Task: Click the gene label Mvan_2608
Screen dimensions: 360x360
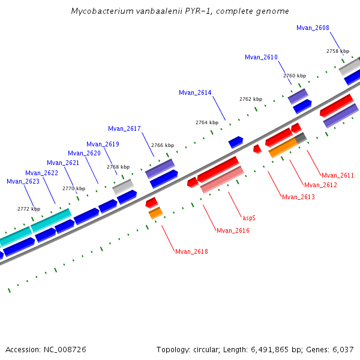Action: (313, 28)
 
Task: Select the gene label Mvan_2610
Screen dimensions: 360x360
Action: (261, 57)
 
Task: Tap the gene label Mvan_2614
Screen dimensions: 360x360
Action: (195, 92)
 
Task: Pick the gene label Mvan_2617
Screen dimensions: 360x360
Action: (124, 128)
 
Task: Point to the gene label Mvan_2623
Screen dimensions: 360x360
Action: (23, 181)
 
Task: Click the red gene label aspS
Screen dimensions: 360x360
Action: (249, 217)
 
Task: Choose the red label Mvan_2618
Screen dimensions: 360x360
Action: (191, 251)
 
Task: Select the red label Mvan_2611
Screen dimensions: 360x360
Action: (338, 175)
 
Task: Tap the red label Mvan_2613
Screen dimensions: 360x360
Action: (298, 197)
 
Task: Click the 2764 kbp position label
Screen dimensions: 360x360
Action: (207, 122)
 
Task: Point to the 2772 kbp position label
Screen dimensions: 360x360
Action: (29, 209)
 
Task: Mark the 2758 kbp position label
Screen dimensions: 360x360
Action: (337, 51)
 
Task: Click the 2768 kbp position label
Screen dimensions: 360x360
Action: (118, 167)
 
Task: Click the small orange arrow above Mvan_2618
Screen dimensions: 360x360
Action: (155, 213)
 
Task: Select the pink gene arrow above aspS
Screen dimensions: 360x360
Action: (222, 179)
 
